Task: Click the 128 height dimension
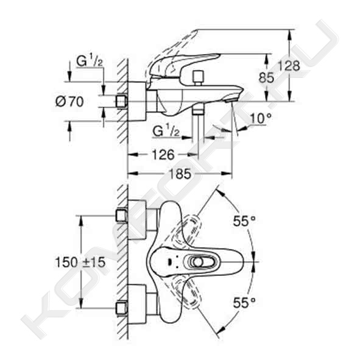[x=289, y=66]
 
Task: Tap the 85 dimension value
[x=266, y=77]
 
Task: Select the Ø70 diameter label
[x=69, y=102]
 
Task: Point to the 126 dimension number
[x=163, y=155]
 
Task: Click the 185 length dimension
[x=180, y=174]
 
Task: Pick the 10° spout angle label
[x=260, y=118]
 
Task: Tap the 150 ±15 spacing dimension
[x=80, y=262]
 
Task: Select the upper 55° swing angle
[x=244, y=221]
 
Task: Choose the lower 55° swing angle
[x=244, y=302]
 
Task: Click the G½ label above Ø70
[x=90, y=62]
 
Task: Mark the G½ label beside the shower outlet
[x=166, y=131]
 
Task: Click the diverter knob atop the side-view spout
[x=198, y=77]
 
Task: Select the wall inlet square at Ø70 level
[x=121, y=101]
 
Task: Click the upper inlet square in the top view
[x=121, y=216]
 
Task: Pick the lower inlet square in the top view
[x=121, y=308]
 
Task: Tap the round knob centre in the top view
[x=197, y=262]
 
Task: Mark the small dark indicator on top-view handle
[x=170, y=262]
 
